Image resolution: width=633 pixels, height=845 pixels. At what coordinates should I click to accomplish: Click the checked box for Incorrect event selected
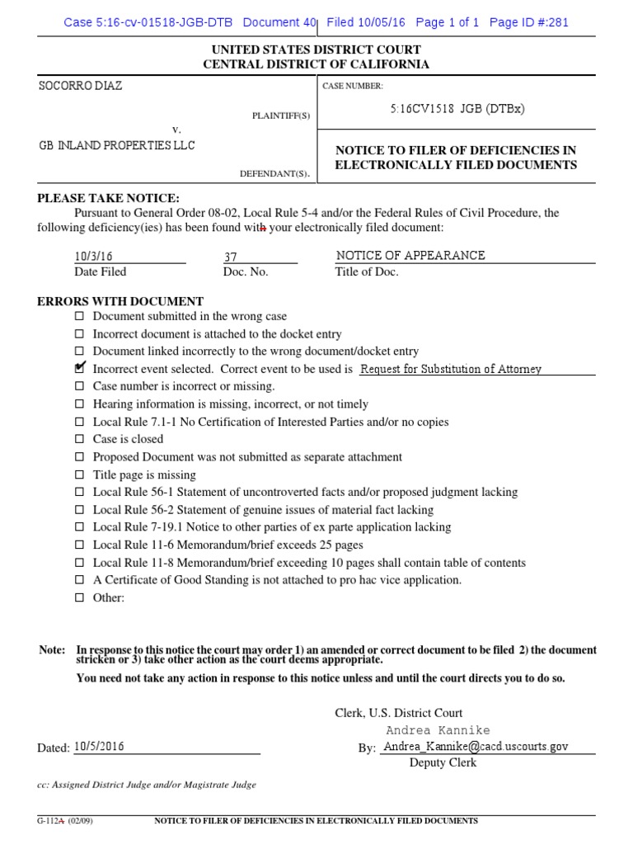(80, 369)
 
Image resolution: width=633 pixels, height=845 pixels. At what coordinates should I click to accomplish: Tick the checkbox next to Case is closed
(80, 440)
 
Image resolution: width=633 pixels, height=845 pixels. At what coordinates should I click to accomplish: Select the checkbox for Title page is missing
(80, 475)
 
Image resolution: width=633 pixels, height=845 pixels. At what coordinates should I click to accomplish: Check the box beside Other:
(80, 598)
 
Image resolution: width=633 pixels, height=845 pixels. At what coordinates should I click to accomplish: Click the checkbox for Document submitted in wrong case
(80, 316)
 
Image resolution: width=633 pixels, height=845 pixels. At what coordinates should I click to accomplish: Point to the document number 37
(231, 257)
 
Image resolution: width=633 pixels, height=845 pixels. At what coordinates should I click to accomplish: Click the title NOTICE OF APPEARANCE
(410, 255)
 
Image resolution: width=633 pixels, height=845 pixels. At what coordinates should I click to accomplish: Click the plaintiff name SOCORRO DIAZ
(81, 86)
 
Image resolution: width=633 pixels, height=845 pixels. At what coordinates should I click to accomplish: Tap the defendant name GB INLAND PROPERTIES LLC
(118, 145)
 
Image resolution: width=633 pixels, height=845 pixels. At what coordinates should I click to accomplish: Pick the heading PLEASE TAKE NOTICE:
(108, 198)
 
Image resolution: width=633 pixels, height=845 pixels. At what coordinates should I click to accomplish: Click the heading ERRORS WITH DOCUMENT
(120, 301)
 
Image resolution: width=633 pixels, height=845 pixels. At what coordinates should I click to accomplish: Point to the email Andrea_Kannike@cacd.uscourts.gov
(476, 746)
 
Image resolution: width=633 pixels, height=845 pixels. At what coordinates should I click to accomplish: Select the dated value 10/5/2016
(99, 746)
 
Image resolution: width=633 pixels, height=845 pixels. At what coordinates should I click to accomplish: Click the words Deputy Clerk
(443, 762)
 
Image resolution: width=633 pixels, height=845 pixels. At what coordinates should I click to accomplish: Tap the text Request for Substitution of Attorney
(451, 369)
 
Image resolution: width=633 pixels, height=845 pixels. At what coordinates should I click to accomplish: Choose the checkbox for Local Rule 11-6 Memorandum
(80, 545)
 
